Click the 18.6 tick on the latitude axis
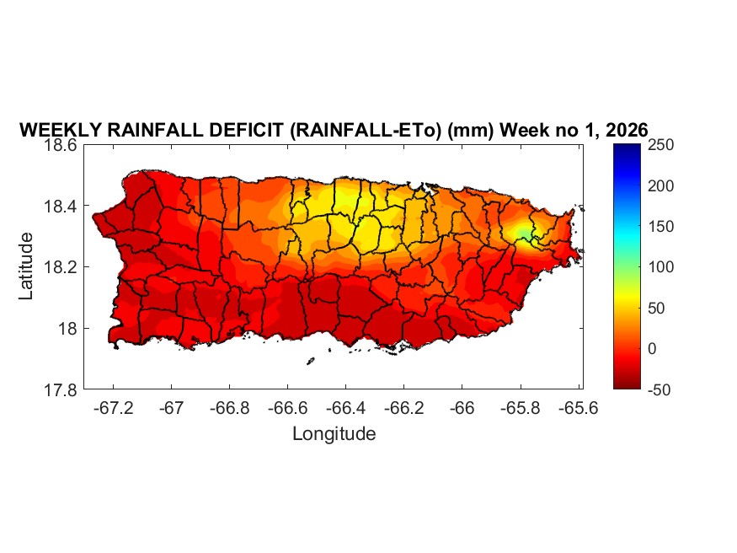click(x=61, y=145)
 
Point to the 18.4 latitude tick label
click(x=61, y=207)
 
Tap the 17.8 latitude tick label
click(x=61, y=389)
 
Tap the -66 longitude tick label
click(x=462, y=408)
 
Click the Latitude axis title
click(x=27, y=266)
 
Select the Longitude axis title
click(x=334, y=434)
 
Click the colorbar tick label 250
click(x=663, y=145)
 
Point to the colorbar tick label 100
click(x=663, y=267)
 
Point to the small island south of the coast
click(x=310, y=361)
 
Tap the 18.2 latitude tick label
click(x=61, y=267)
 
